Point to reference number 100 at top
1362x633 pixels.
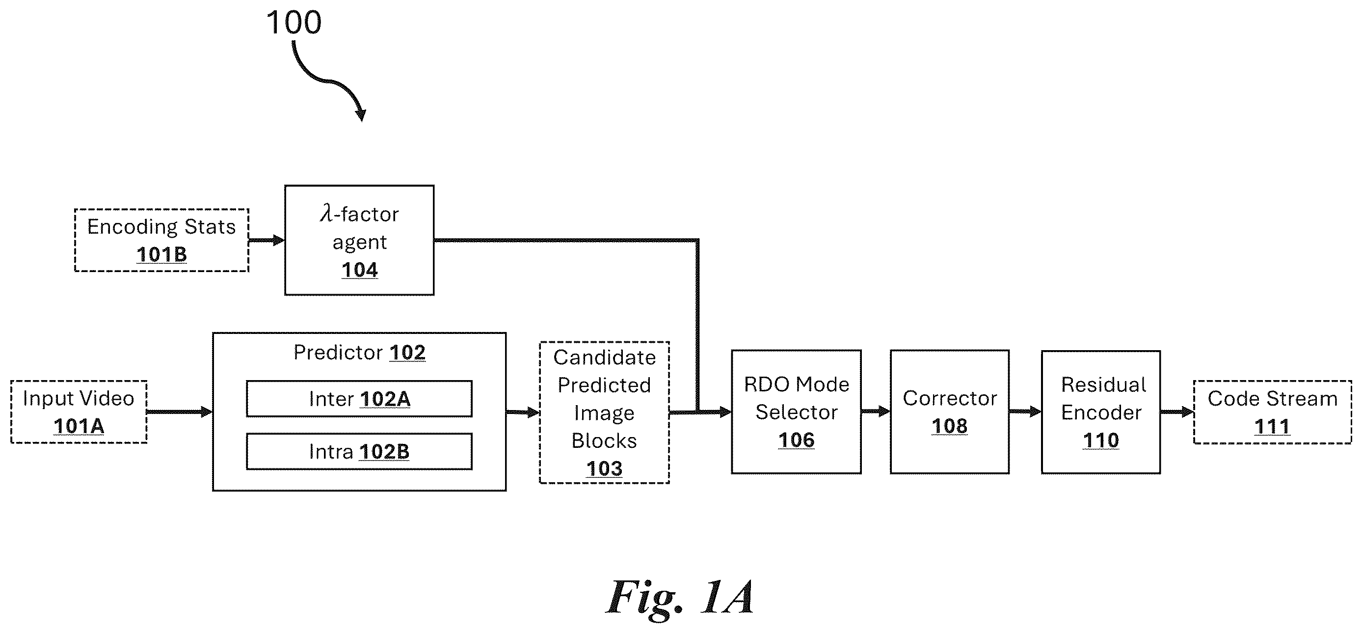294,23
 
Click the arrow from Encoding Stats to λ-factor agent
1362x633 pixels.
267,241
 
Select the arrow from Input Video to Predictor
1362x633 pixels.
180,412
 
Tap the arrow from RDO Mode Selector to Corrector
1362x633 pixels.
876,412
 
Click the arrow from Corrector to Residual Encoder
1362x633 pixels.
1026,412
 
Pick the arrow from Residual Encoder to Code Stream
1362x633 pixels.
1177,412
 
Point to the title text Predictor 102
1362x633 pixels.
360,353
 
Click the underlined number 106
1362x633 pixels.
796,440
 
